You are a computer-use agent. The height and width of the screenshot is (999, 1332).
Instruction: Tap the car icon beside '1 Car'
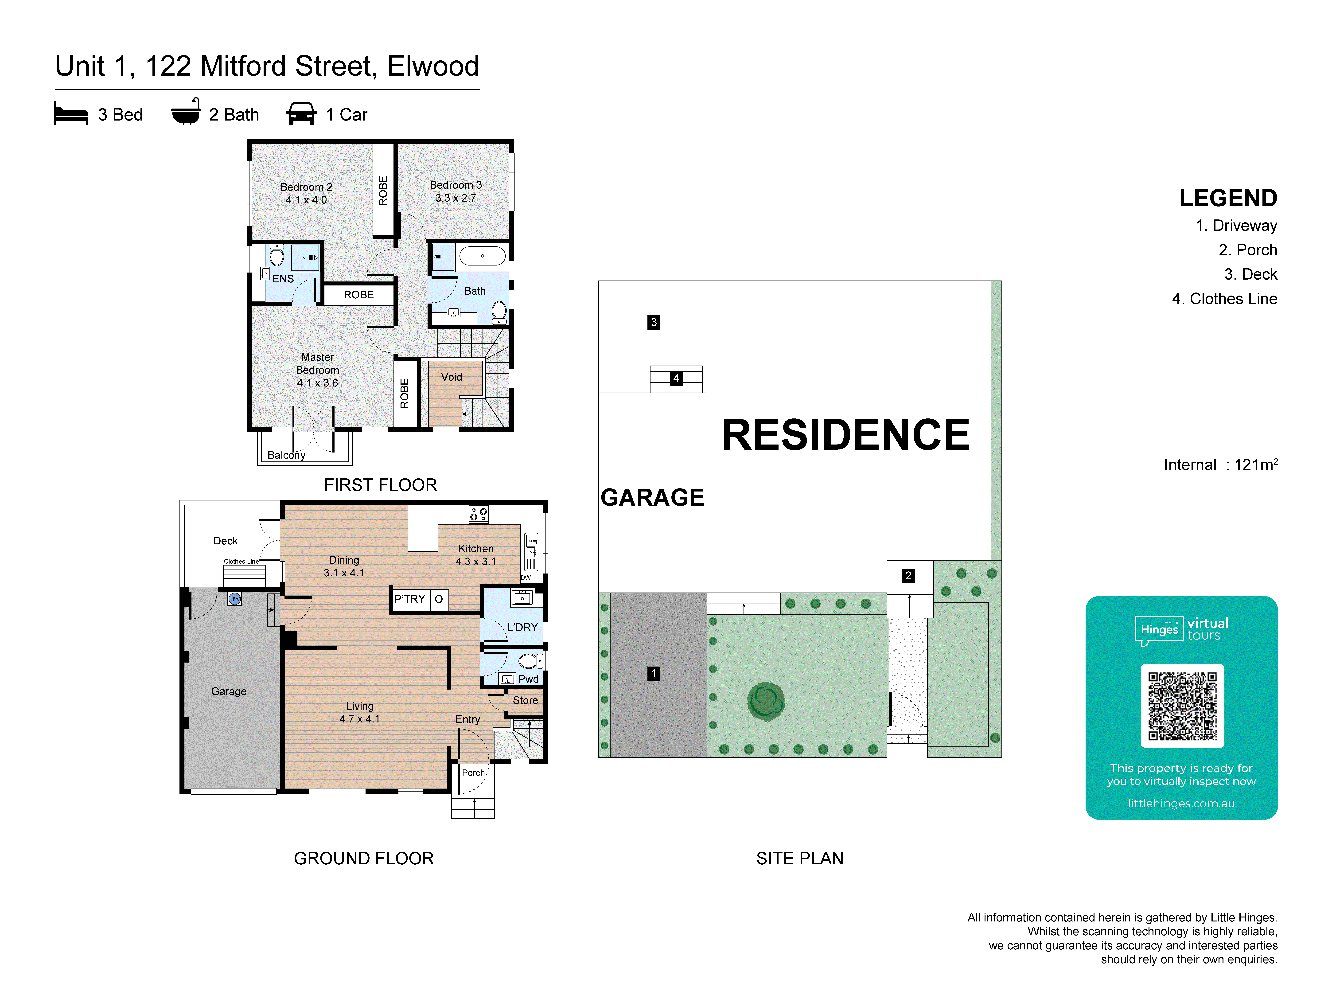(301, 114)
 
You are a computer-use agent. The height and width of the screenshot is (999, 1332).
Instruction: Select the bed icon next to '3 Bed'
(71, 114)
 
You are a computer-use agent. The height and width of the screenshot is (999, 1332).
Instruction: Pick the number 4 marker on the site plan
(676, 378)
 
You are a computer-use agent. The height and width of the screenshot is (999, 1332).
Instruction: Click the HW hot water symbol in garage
(235, 599)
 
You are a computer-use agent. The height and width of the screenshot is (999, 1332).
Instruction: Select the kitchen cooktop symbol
(479, 514)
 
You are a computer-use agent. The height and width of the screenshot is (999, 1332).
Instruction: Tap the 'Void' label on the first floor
(452, 377)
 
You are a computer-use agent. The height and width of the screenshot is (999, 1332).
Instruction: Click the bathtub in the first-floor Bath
(482, 256)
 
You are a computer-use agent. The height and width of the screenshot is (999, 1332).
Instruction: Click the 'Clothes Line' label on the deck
(241, 561)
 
